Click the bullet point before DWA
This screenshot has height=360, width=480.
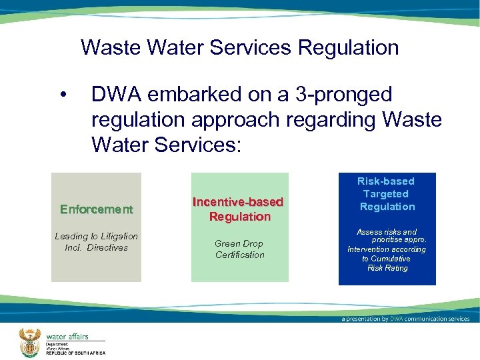pyautogui.click(x=63, y=96)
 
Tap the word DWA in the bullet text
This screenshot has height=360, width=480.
pyautogui.click(x=115, y=95)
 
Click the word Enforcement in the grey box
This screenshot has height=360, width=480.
pyautogui.click(x=97, y=209)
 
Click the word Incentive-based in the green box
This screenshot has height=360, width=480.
pyautogui.click(x=238, y=201)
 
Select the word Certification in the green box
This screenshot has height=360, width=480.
pyautogui.click(x=240, y=255)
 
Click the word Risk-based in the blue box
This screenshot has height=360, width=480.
pyautogui.click(x=386, y=181)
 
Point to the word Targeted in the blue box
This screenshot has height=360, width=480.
pyautogui.click(x=386, y=193)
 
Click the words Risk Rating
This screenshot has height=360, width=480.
pyautogui.click(x=387, y=268)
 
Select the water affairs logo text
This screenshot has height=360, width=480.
pyautogui.click(x=67, y=337)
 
